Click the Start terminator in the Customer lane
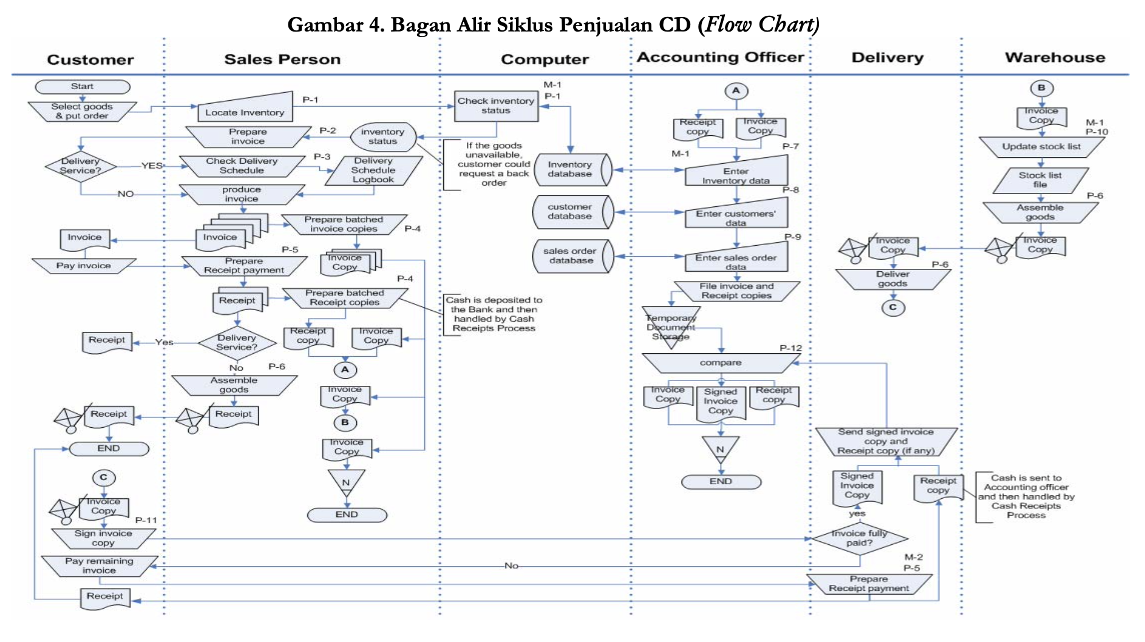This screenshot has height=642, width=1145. coord(83,87)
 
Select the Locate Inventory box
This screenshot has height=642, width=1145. coord(245,107)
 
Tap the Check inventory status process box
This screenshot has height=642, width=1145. coord(496,106)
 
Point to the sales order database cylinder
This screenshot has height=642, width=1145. coord(574,256)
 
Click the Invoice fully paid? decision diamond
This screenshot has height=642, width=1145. coord(860,538)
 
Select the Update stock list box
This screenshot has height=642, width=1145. coord(1041,147)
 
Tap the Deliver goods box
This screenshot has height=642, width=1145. coord(892,279)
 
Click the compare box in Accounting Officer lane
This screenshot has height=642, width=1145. coord(721,363)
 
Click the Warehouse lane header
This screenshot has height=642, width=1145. coord(1055,58)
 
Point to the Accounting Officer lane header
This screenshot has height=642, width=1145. coord(721,57)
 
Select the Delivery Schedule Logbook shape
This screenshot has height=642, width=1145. coord(373,171)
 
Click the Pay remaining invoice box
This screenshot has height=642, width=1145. coord(100,566)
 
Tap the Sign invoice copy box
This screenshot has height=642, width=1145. coord(103,538)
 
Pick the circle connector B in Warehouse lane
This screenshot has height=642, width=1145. coord(1041,88)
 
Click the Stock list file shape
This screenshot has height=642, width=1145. coord(1041,180)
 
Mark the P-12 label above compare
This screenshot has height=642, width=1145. coord(790,348)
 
